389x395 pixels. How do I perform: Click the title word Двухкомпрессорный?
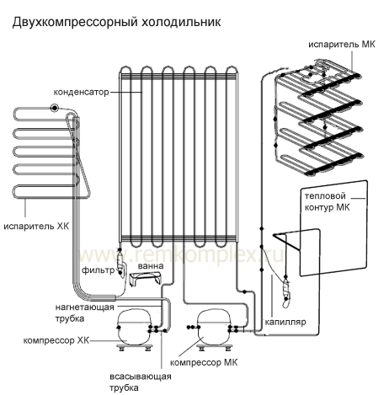click(x=75, y=23)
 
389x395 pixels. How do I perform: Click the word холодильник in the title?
click(x=181, y=22)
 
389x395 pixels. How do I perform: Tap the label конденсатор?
click(x=81, y=92)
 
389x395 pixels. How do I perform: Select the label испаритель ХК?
click(x=36, y=226)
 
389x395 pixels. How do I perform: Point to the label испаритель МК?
click(x=342, y=45)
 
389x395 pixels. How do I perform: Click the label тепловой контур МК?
click(x=328, y=201)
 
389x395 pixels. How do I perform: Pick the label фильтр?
click(x=99, y=270)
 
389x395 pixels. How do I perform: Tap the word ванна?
click(x=151, y=265)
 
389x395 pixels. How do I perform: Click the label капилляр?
click(x=285, y=322)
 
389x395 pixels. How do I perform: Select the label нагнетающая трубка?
click(x=84, y=312)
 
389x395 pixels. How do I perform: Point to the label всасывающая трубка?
click(x=141, y=382)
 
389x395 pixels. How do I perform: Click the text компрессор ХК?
click(x=56, y=340)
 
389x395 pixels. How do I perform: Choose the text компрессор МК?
click(x=204, y=362)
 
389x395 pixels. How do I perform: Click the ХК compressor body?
click(x=134, y=327)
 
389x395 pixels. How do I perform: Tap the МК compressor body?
click(x=215, y=327)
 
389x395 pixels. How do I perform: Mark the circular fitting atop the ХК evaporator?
click(x=54, y=108)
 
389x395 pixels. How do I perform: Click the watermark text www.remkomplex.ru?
click(x=181, y=255)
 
